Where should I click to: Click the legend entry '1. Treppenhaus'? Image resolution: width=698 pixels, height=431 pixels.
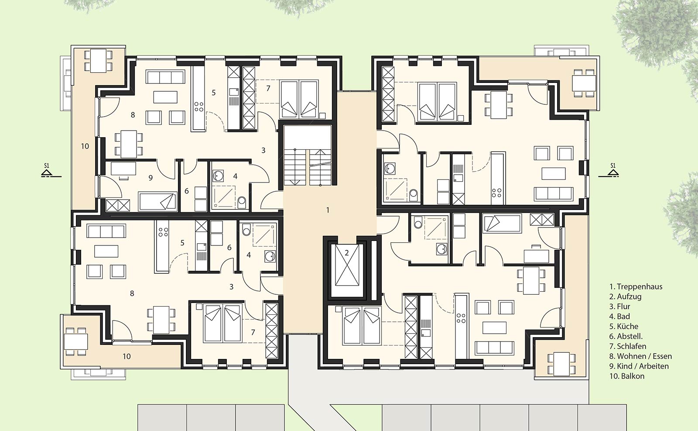point(636,286)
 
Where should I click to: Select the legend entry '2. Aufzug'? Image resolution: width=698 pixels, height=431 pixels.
point(626,297)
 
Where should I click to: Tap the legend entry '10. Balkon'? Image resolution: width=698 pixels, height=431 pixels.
point(626,376)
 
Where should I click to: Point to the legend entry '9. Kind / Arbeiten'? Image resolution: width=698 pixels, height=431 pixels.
point(639,366)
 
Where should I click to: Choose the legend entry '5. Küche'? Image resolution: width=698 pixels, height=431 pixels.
point(624,327)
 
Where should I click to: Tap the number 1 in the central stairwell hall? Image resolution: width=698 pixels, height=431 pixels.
point(328,210)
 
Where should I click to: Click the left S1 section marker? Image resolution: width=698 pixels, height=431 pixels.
point(47,171)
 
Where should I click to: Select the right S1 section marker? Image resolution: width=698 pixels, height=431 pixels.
point(613,171)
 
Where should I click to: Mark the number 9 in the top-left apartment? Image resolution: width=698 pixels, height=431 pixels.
point(151,178)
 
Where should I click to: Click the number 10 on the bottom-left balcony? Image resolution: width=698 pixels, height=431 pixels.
point(127,356)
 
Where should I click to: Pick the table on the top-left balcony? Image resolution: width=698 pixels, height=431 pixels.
point(98,61)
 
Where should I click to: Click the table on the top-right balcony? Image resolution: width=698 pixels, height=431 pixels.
point(584,83)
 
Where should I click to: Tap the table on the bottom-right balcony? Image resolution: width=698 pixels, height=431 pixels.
point(561,364)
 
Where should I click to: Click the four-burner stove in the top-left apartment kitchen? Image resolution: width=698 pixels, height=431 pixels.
point(199,107)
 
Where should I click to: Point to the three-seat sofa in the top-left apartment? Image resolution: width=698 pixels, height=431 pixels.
point(165,77)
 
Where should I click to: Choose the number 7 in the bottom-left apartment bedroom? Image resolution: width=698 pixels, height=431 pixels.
point(253,332)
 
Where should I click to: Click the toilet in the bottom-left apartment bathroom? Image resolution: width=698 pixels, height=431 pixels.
point(247,230)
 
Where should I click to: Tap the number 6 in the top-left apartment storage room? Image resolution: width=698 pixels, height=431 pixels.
point(186,191)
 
